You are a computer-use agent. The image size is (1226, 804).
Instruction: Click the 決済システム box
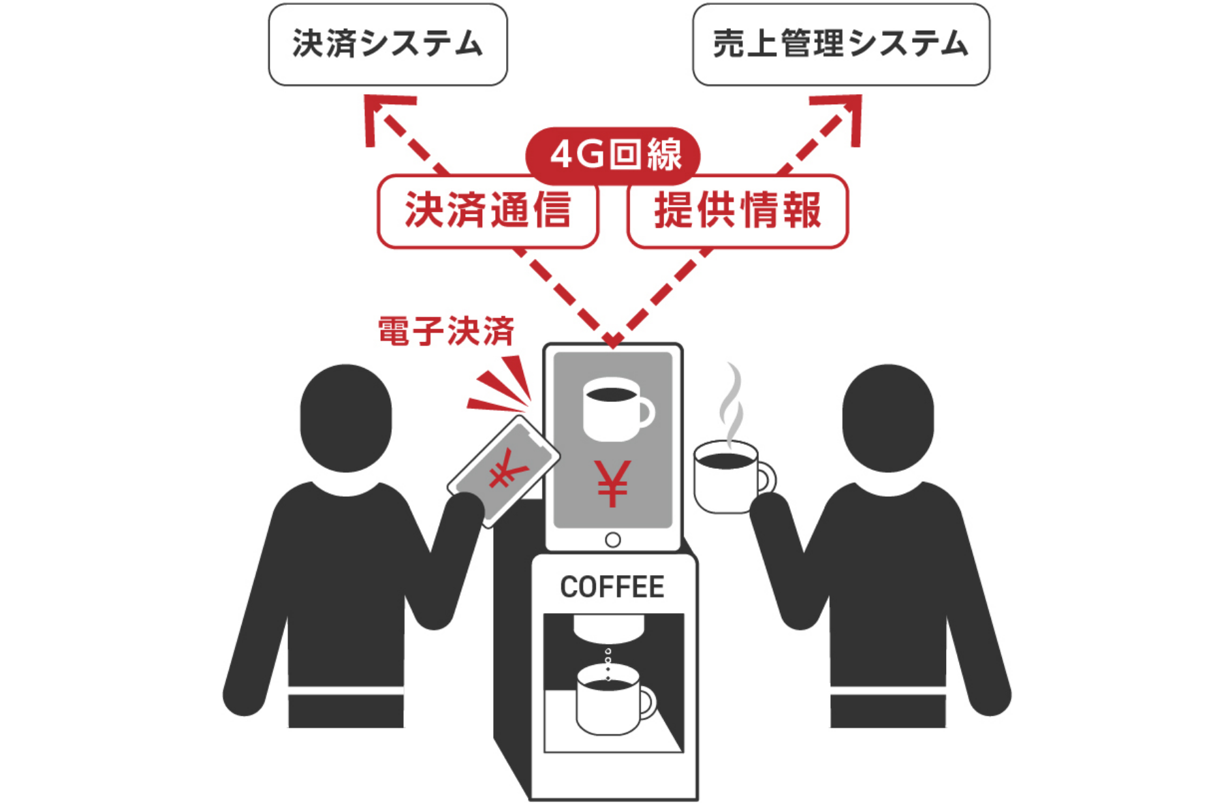pyautogui.click(x=388, y=44)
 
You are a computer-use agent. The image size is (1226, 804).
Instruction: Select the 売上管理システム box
pyautogui.click(x=840, y=44)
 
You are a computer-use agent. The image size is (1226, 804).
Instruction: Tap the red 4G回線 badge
pyautogui.click(x=613, y=155)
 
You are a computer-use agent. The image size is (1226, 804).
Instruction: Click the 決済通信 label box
pyautogui.click(x=488, y=211)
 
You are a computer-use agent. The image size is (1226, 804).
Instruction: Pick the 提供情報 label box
pyautogui.click(x=738, y=211)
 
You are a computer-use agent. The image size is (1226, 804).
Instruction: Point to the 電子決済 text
pyautogui.click(x=446, y=332)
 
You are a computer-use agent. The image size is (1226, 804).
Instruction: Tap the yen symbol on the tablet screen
pyautogui.click(x=612, y=483)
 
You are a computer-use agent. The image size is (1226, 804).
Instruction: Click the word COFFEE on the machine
pyautogui.click(x=612, y=587)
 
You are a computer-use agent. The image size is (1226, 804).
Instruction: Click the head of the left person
pyautogui.click(x=346, y=417)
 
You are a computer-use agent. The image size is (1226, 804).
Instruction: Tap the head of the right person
pyautogui.click(x=887, y=417)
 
